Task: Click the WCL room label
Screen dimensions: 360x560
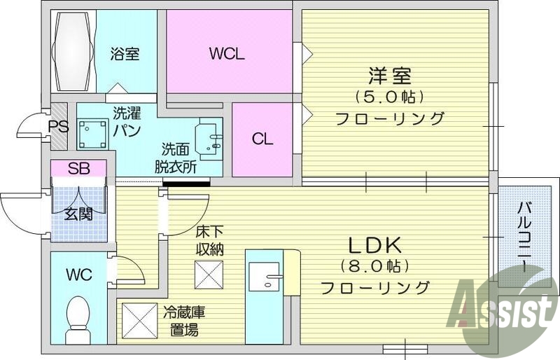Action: (227, 53)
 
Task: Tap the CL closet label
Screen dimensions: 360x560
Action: (262, 139)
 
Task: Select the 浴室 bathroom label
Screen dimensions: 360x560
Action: (125, 54)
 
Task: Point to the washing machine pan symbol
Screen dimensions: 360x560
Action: (91, 133)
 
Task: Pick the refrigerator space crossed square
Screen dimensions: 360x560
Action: (137, 319)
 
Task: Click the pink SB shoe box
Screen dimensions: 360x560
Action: (78, 168)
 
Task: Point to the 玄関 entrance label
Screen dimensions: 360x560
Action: (78, 214)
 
